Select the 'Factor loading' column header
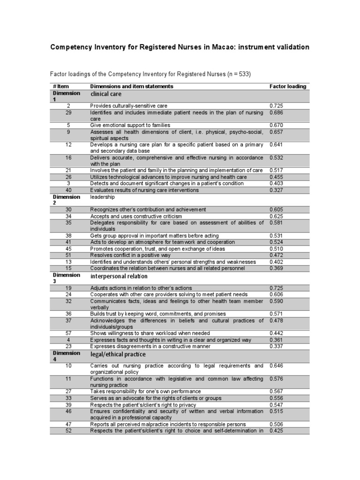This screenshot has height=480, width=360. coord(288,86)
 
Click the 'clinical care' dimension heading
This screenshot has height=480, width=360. coord(106,94)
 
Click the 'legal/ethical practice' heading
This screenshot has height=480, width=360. coord(118,354)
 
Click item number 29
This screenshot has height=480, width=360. coord(68,112)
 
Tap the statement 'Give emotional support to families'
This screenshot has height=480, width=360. coord(130,126)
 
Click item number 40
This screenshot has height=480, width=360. coord(68,190)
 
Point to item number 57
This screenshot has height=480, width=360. coord(68,333)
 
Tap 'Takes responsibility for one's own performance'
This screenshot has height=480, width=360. coord(145,391)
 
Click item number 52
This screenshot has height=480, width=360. coord(68,430)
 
